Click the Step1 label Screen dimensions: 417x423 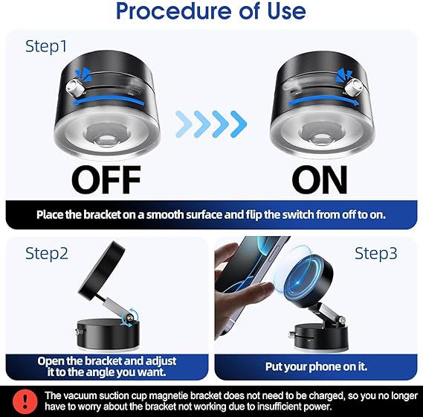tap(46, 46)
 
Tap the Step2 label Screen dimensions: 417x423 tap(47, 253)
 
